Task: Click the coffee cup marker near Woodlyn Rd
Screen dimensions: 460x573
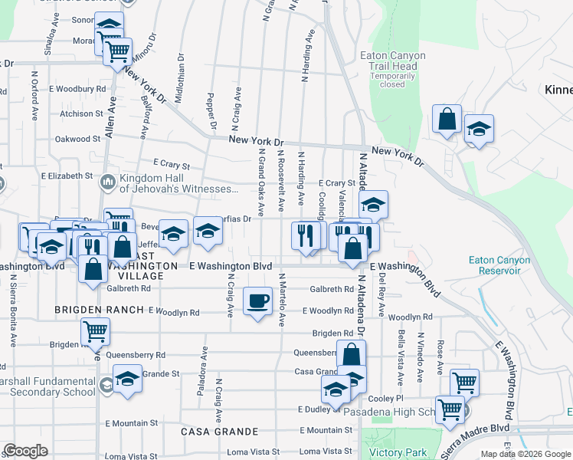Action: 258,300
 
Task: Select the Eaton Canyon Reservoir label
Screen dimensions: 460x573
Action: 499,265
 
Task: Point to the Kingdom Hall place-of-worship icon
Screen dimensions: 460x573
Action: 107,182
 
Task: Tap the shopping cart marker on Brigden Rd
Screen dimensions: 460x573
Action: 96,331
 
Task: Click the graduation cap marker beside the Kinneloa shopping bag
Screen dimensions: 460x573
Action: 479,129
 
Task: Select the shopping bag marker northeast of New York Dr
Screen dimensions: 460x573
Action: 447,119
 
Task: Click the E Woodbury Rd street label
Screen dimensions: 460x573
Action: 80,89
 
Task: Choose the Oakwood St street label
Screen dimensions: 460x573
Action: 77,140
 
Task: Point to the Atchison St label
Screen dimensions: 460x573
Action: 76,113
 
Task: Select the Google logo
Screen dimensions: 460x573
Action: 25,451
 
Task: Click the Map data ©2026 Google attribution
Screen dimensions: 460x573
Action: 525,454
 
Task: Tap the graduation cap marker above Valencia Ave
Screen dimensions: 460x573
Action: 373,205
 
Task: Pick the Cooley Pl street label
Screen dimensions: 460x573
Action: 385,399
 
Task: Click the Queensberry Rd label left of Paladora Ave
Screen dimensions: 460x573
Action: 136,355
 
